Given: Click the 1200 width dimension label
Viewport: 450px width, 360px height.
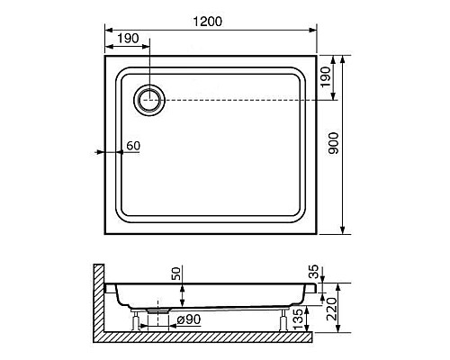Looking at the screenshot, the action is (x=207, y=22).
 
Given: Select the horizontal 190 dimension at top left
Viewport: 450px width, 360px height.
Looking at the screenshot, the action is (x=128, y=39).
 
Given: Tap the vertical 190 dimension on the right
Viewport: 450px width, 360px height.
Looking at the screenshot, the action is (x=326, y=77).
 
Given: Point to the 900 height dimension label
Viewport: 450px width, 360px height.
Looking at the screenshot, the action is (x=333, y=143).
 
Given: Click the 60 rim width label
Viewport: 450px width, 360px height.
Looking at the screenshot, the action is (x=133, y=146).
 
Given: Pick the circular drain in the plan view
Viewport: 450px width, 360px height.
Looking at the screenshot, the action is (x=149, y=100).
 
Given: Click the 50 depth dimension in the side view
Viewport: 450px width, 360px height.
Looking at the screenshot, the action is (x=176, y=274).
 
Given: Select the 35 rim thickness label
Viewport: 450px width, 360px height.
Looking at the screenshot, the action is (x=313, y=272).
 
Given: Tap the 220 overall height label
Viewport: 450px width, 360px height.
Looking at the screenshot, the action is (x=331, y=310).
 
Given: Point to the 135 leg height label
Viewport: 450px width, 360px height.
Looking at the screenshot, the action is (x=298, y=319).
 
